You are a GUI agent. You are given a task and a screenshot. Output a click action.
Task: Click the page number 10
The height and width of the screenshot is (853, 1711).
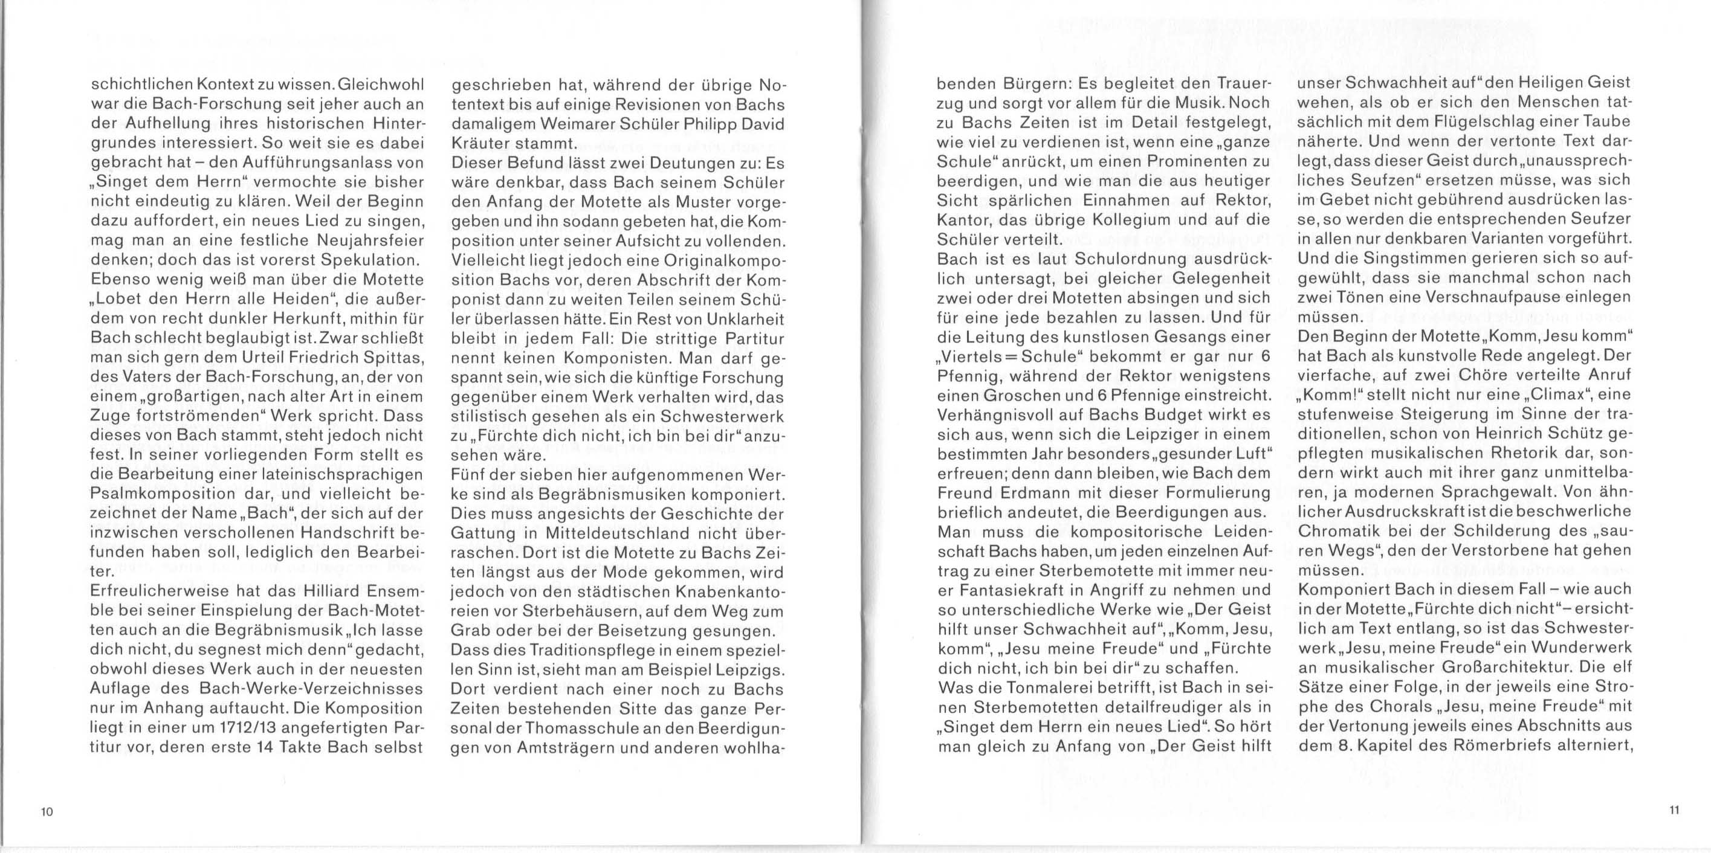point(47,812)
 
